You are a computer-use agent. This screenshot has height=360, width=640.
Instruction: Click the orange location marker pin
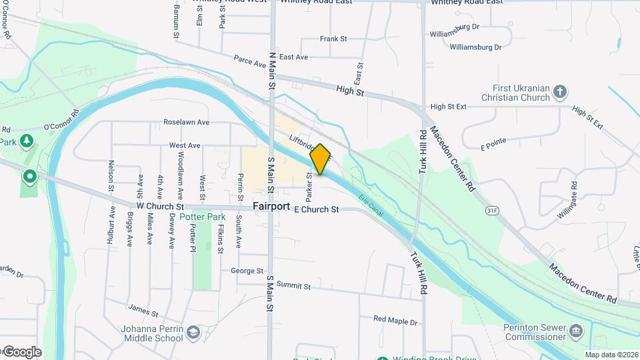pyautogui.click(x=320, y=159)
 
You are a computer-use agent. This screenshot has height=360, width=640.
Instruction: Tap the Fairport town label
pyautogui.click(x=271, y=207)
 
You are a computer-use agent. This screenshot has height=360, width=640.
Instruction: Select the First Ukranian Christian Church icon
pyautogui.click(x=561, y=91)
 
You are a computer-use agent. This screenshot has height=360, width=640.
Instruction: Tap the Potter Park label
pyautogui.click(x=203, y=217)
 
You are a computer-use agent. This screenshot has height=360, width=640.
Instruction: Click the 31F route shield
pyautogui.click(x=492, y=210)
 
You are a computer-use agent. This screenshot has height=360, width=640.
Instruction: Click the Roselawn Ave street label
pyautogui.click(x=187, y=123)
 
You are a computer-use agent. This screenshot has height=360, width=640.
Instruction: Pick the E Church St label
pyautogui.click(x=316, y=209)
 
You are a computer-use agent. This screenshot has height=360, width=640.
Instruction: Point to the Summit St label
pyautogui.click(x=293, y=286)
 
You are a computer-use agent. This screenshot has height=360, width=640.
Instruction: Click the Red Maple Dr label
pyautogui.click(x=395, y=321)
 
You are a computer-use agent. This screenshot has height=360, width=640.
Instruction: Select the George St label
pyautogui.click(x=247, y=271)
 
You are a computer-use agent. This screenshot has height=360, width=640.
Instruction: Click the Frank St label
pyautogui.click(x=333, y=39)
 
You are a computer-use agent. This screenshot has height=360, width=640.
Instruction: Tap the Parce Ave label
pyautogui.click(x=250, y=61)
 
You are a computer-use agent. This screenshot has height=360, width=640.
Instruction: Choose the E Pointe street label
pyautogui.click(x=493, y=141)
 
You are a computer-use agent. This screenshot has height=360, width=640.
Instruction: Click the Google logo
pyautogui.click(x=21, y=352)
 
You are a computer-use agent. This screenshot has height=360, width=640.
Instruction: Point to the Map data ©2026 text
pyautogui.click(x=611, y=355)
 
